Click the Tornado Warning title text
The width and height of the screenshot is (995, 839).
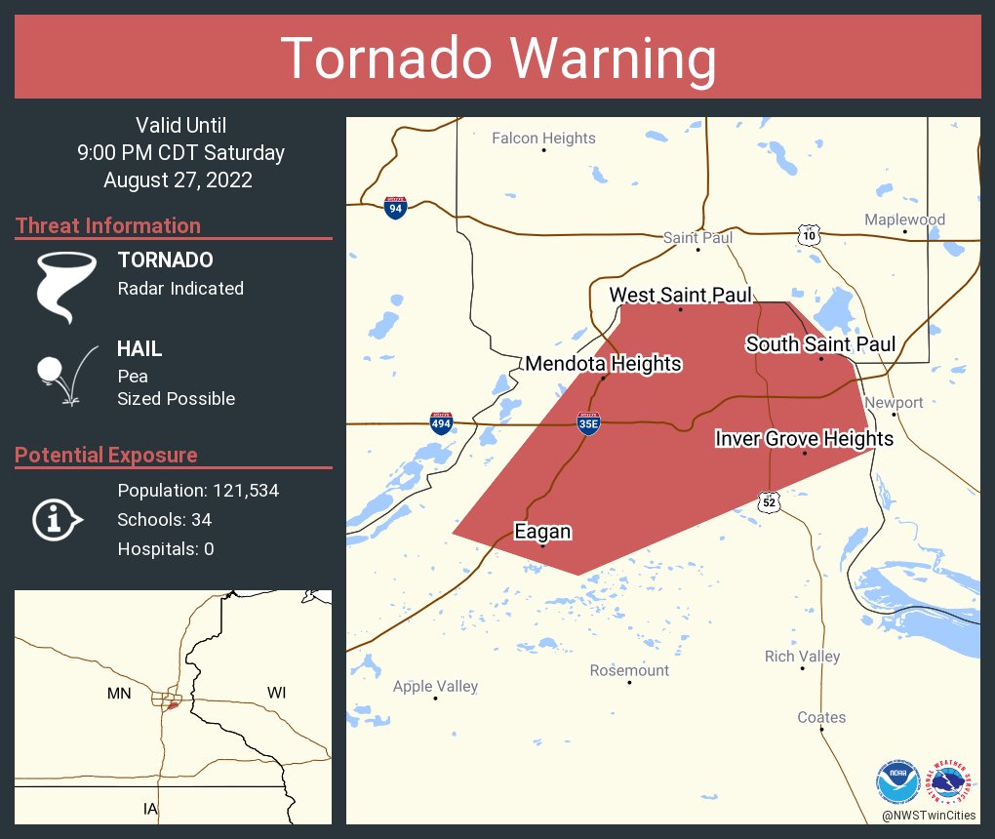497,59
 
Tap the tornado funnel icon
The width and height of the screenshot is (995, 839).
66,287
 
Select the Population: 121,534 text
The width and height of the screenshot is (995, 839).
198,490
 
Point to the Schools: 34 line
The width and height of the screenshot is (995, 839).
164,519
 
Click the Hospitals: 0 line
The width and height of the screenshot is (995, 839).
166,548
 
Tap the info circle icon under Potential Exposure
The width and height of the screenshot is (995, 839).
57,519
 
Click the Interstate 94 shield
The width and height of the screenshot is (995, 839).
395,208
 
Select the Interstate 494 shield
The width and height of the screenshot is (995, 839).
441,422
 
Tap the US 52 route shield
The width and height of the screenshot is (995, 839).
770,501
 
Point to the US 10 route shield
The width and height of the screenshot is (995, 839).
808,234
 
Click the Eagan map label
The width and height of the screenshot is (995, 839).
542,532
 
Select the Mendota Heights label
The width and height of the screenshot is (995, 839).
603,364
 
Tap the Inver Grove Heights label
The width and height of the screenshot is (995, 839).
804,438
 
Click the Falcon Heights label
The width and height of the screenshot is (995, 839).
543,138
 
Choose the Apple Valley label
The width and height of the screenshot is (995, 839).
435,686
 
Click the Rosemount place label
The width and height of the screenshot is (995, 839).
629,670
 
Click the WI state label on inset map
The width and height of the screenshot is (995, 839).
276,693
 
